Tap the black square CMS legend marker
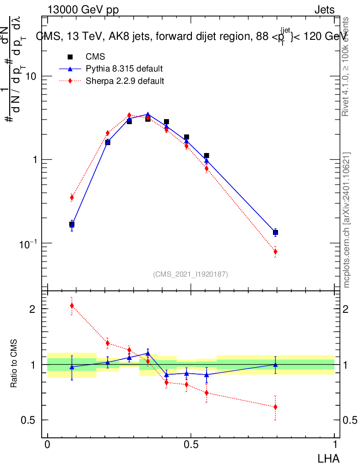[70, 57]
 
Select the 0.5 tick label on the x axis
[191, 445]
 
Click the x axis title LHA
[329, 458]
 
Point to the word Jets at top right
[324, 11]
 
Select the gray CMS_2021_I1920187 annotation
[191, 274]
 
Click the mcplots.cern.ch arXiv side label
[347, 220]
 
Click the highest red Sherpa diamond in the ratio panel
[72, 305]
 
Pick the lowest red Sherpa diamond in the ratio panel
[275, 407]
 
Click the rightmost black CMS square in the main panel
[275, 233]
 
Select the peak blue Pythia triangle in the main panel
[147, 115]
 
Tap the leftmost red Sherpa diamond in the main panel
[72, 197]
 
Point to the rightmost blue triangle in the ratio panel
[275, 365]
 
